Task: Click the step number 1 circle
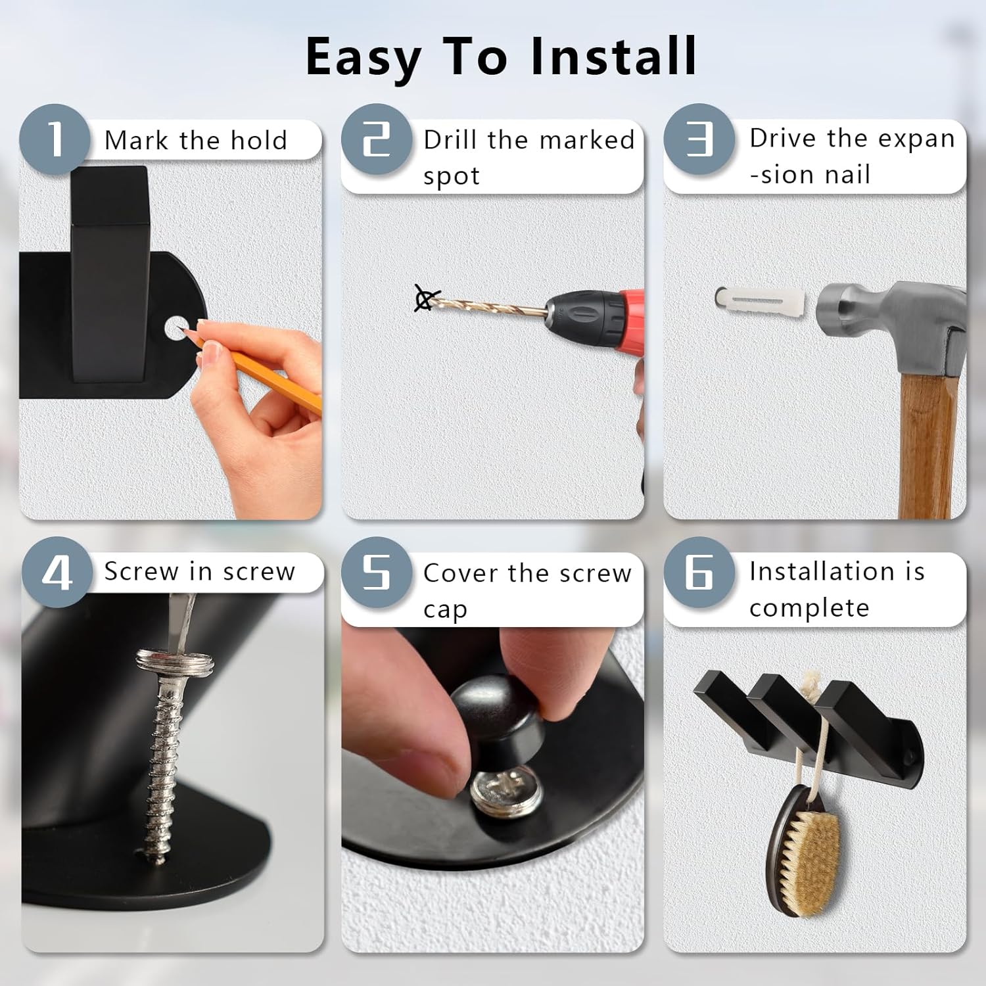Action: point(55,139)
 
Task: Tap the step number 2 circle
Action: point(376,139)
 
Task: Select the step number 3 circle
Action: point(699,139)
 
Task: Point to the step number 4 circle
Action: point(57,572)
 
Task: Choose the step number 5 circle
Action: point(376,572)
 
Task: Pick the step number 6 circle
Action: point(699,572)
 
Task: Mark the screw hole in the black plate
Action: point(174,327)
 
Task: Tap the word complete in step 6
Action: point(809,608)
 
